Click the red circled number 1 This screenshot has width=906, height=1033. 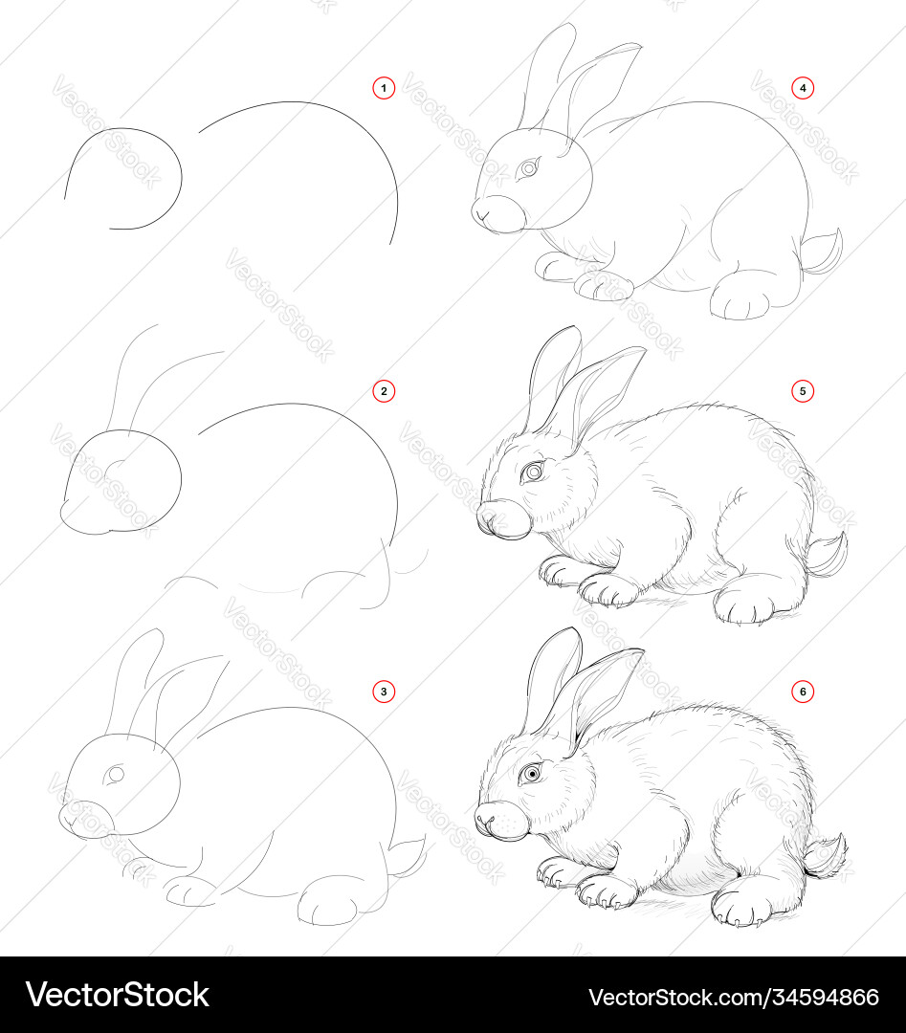tap(384, 88)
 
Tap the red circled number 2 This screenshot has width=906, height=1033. tap(384, 391)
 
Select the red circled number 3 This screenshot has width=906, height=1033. tap(384, 692)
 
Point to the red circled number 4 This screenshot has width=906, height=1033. tap(803, 88)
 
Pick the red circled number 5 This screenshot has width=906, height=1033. tap(803, 391)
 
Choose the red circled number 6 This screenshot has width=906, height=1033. tap(803, 692)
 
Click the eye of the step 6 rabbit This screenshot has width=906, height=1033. tap(530, 774)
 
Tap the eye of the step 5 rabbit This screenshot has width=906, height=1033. tap(532, 473)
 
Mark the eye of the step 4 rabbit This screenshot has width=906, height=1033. tap(528, 169)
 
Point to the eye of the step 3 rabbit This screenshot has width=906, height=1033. tap(116, 775)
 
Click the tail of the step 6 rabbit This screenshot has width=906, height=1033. tap(825, 856)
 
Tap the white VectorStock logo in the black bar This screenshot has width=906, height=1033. tap(118, 995)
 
